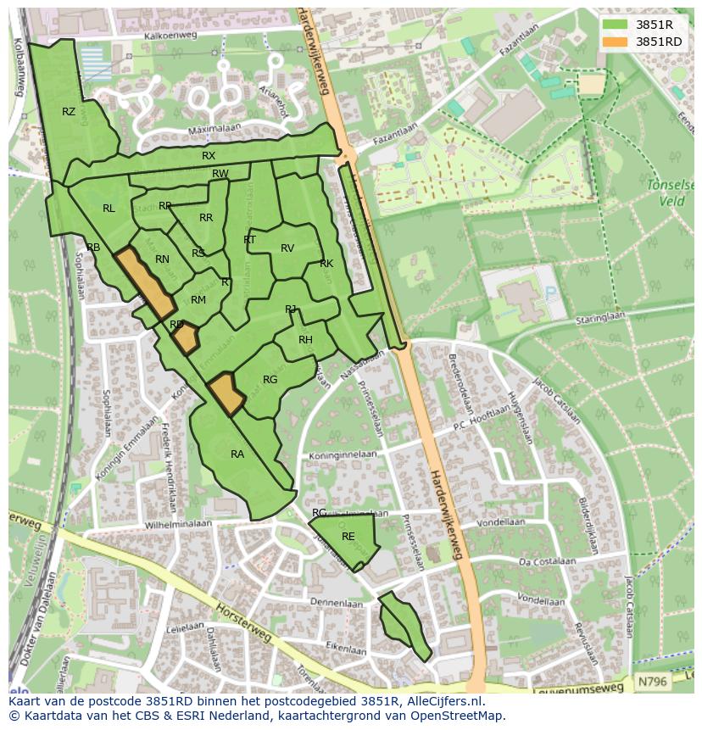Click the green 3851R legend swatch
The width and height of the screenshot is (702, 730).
click(x=617, y=24)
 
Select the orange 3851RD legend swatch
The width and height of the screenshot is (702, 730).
click(x=617, y=42)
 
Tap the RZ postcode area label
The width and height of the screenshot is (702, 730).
click(x=69, y=112)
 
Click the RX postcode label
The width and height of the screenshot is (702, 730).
click(x=209, y=156)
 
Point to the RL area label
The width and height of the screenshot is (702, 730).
click(x=109, y=209)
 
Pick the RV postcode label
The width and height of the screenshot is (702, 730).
click(x=287, y=248)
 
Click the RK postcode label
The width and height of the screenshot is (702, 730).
click(x=326, y=264)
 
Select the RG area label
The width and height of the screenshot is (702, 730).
click(x=270, y=380)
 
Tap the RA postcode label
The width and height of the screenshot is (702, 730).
click(x=237, y=454)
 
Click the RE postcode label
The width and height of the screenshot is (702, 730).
click(x=348, y=537)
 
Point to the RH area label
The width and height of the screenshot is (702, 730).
click(x=306, y=340)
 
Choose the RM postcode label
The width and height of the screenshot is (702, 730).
click(x=198, y=300)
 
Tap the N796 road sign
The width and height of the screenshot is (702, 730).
click(x=651, y=682)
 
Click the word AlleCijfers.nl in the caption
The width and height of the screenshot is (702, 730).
click(x=437, y=701)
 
